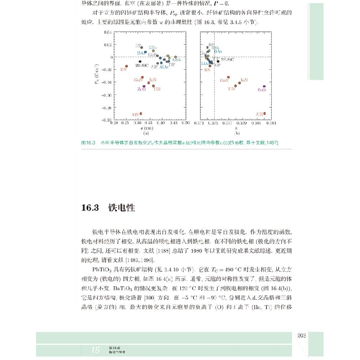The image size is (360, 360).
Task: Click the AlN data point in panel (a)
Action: (141, 113)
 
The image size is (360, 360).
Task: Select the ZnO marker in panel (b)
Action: (264, 86)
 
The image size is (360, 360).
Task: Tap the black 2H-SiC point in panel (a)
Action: (140, 61)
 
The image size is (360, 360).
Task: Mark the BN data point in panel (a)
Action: (127, 66)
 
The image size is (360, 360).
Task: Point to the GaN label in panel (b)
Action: (224, 81)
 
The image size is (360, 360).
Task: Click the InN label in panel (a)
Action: (153, 79)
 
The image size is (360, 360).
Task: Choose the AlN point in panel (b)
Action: (265, 113)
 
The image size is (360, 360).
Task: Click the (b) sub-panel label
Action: (237, 133)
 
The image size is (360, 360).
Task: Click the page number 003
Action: (302, 335)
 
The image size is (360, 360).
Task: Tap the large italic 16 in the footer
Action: (95, 350)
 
